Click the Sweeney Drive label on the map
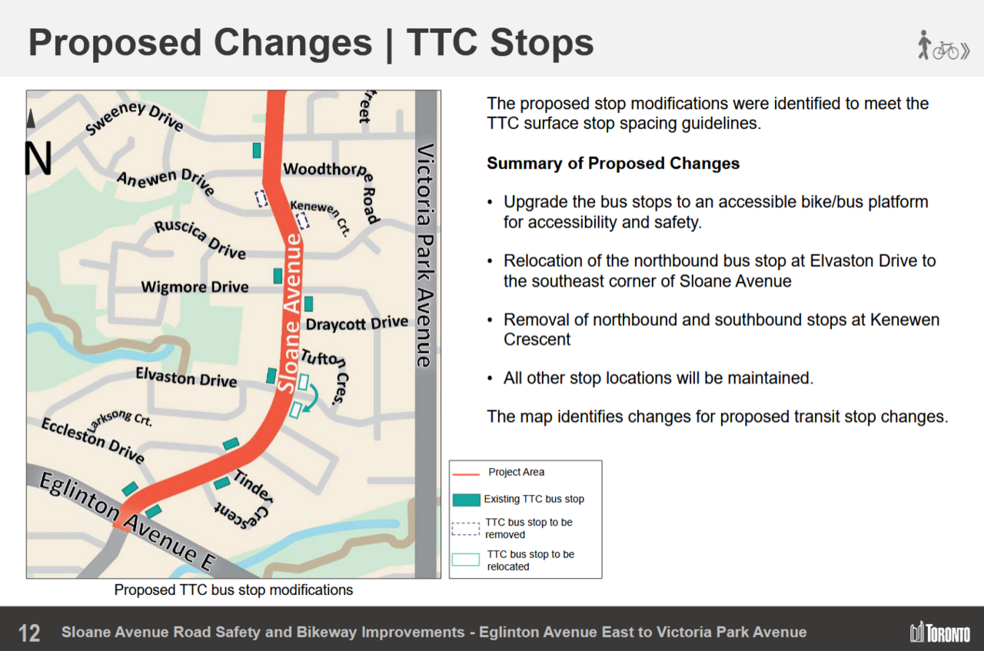[134, 118]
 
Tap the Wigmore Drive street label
[194, 287]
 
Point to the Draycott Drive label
[357, 324]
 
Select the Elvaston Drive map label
[186, 378]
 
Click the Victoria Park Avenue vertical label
[425, 255]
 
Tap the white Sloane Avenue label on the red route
[290, 313]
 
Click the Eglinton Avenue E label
[128, 522]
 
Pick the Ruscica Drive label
[200, 239]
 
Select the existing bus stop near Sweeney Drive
[257, 151]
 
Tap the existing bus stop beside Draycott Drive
[309, 304]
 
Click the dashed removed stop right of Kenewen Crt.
[302, 221]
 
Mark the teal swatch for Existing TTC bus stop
[466, 500]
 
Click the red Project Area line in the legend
[466, 474]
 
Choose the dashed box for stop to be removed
[466, 529]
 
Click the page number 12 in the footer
[29, 633]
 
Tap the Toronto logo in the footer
[940, 632]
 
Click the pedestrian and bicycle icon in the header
[942, 45]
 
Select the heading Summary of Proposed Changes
[613, 164]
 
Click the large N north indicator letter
[38, 158]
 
